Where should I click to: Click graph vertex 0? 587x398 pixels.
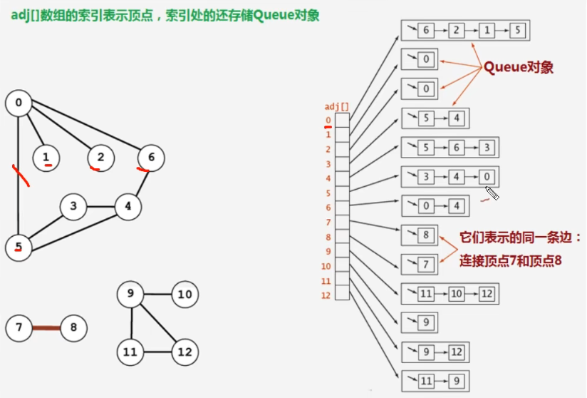[19, 103]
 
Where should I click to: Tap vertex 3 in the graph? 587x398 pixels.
[73, 207]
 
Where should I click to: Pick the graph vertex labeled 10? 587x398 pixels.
[185, 294]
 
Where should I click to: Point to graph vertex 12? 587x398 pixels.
[185, 351]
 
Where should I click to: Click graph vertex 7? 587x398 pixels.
[19, 328]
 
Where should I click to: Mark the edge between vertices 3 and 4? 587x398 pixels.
[100, 207]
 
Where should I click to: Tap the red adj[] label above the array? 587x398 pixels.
[337, 107]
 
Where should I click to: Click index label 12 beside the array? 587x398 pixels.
[326, 295]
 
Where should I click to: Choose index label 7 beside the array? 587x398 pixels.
[328, 223]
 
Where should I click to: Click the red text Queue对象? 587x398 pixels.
[519, 67]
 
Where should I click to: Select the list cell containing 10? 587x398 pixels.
[456, 293]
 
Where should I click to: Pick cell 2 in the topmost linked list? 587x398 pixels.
[457, 31]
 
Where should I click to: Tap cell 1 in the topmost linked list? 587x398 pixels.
[487, 31]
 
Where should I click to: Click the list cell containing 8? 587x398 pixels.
[426, 235]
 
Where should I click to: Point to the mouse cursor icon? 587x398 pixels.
[492, 193]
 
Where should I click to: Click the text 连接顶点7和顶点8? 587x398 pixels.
[511, 261]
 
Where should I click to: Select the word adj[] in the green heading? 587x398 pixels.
[26, 15]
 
